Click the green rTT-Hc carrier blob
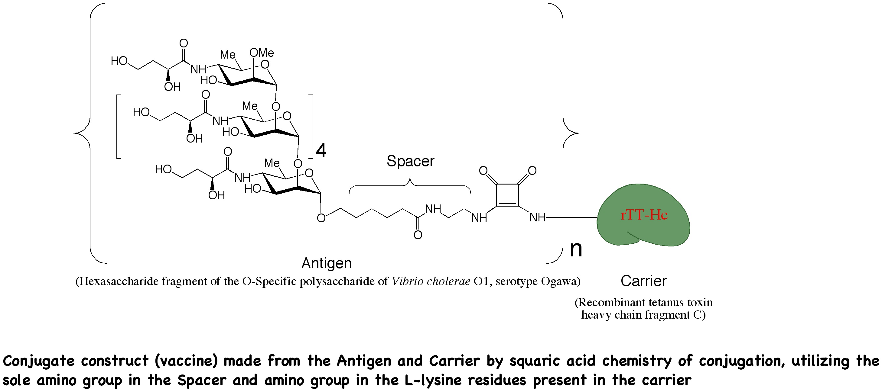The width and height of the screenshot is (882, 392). coord(644,233)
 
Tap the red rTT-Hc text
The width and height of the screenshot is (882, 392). coord(644,215)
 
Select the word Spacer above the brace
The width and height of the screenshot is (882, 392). coord(410,161)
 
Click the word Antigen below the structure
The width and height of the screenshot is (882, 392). coord(326,263)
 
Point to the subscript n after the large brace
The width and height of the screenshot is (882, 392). coord(576,249)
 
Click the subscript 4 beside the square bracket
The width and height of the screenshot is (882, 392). coord(321,150)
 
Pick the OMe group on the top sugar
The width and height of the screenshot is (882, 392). coord(262,53)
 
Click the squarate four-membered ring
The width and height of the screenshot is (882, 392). coord(507,195)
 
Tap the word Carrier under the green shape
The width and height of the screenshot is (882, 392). coord(643,281)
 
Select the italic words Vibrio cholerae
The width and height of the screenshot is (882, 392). coord(431,281)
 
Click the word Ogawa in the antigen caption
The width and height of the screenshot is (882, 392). coord(559,281)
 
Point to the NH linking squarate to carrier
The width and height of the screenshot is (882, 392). coord(537,217)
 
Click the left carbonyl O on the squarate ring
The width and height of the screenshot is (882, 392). coord(483,170)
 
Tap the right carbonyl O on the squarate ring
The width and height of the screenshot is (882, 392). coord(532,170)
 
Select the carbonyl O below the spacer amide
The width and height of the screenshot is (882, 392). coord(418,235)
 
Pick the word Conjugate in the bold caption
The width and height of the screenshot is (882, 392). coord(38,361)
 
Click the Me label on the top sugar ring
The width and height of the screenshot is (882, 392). coord(227,55)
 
